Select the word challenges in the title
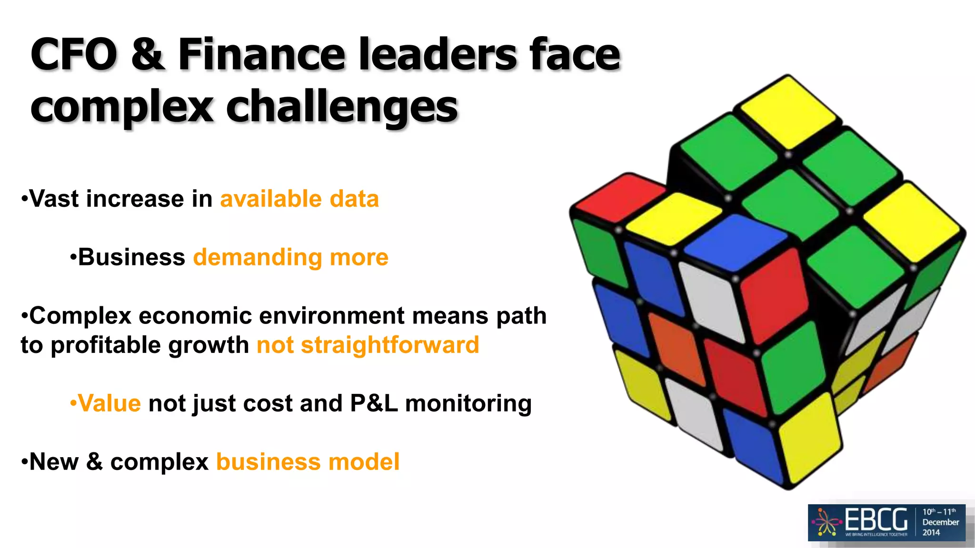coord(341,108)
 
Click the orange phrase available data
coord(299,199)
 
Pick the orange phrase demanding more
coord(290,257)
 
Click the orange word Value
coord(109,403)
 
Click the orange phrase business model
coord(308,462)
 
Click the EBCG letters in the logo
coord(876,519)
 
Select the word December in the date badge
coord(940,522)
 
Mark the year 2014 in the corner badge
coord(931,533)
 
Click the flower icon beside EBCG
coord(827,522)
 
